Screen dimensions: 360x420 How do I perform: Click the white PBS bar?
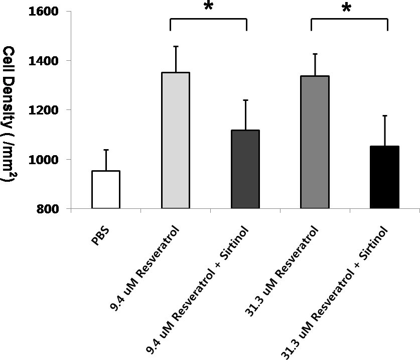coord(105,189)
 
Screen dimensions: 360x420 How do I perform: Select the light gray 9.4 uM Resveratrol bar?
coord(175,140)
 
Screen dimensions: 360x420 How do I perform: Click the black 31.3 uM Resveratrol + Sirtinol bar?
coord(384,177)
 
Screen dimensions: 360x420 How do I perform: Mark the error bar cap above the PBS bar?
coord(106,150)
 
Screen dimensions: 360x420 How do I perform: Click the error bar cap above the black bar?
coord(384,115)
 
